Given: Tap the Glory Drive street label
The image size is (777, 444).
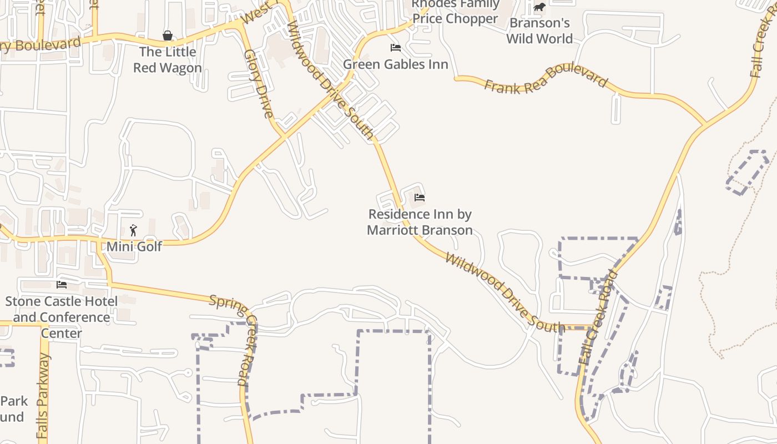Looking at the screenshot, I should click(x=259, y=84).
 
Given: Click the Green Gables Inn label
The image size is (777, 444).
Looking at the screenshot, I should click(x=395, y=64).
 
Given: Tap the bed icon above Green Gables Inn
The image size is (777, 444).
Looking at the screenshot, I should click(x=395, y=48).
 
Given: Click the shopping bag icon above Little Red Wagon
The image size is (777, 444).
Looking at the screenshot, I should click(x=167, y=36).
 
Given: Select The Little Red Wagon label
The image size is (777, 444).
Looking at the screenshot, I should click(x=167, y=60).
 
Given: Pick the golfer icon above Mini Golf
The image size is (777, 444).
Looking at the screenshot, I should click(x=133, y=230).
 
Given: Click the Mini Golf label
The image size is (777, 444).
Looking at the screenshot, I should click(x=134, y=246).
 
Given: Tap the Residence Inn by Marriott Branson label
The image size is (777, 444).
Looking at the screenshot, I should click(x=420, y=222).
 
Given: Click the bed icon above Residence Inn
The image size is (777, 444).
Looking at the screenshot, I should click(x=419, y=198).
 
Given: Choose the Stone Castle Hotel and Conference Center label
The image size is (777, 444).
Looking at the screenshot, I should click(x=62, y=317).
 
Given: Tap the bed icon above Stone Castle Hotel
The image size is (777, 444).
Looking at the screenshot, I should click(x=62, y=285).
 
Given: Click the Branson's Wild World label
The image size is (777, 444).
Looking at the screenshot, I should click(x=539, y=31).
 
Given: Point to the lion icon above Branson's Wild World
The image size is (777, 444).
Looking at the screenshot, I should click(x=539, y=7).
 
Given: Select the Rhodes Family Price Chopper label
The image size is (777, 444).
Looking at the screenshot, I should click(x=455, y=12).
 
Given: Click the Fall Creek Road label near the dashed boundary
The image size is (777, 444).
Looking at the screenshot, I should click(x=598, y=317).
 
